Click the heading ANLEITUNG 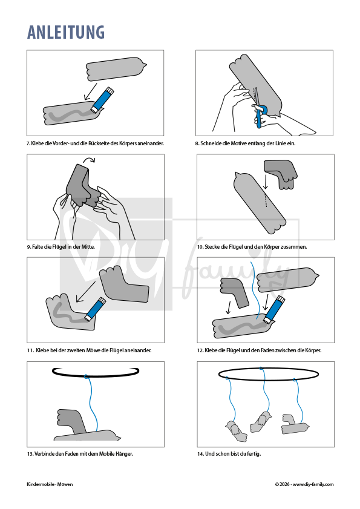pos(66,32)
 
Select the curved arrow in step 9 pos(88,160)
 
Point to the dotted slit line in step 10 pos(266,200)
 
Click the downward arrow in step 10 pos(266,182)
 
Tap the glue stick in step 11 pos(96,309)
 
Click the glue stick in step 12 pos(275,309)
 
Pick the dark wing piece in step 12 pos(234,292)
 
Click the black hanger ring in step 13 pos(96,372)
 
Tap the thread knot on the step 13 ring pos(86,376)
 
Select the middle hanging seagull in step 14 pos(261,421)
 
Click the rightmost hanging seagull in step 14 pos(295,424)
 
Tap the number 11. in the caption pos(30,350)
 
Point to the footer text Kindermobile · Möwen pos(50,484)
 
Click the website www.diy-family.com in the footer pos(313,484)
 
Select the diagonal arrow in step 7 pos(91,91)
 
